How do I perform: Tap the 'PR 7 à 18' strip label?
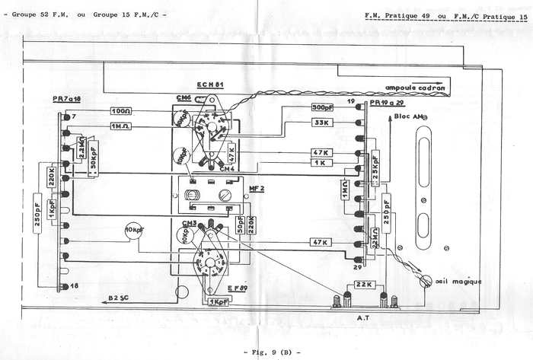click(x=66, y=100)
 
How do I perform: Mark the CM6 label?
click(x=183, y=97)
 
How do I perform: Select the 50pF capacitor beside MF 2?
click(x=240, y=222)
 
